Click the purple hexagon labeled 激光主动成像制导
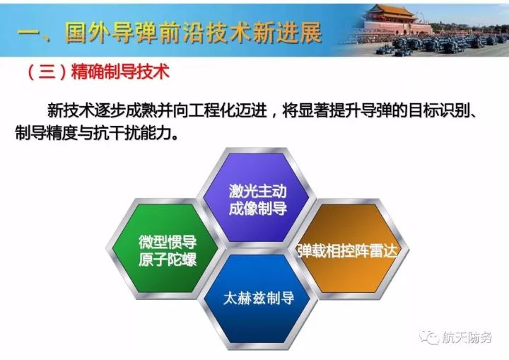[x=257, y=198]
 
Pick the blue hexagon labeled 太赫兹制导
[x=259, y=299]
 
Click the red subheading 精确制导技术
[x=120, y=71]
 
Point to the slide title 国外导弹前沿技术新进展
[x=194, y=33]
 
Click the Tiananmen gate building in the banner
[x=397, y=20]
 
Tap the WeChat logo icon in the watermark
[x=429, y=337]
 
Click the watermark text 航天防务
[x=467, y=338]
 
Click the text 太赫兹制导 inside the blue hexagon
[x=259, y=298]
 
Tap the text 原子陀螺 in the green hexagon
[x=168, y=260]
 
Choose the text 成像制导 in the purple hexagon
[x=258, y=208]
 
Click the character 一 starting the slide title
[x=28, y=33]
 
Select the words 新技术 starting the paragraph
[x=71, y=110]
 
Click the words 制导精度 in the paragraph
[x=46, y=133]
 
